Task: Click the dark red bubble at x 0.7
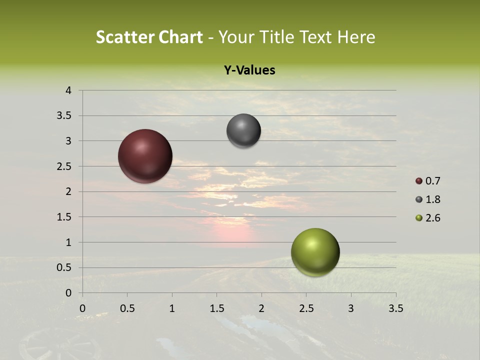click(x=145, y=156)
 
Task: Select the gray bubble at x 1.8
click(x=243, y=130)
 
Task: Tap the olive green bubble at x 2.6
click(x=315, y=252)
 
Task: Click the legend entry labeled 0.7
click(x=428, y=181)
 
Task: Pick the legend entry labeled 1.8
click(x=428, y=199)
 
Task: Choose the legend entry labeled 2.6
click(x=428, y=218)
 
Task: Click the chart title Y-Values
click(x=249, y=70)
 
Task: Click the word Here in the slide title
click(x=356, y=37)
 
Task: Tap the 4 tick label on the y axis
click(x=68, y=90)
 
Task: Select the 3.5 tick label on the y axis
click(x=65, y=116)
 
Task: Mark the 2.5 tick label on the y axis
click(x=65, y=166)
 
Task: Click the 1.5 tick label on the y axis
click(x=65, y=217)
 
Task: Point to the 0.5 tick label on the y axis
click(x=65, y=267)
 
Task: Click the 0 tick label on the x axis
click(x=82, y=308)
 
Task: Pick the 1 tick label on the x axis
click(x=172, y=308)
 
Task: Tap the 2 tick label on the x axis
click(x=261, y=308)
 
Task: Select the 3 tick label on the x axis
click(x=351, y=308)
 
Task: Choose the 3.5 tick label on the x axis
click(x=395, y=308)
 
